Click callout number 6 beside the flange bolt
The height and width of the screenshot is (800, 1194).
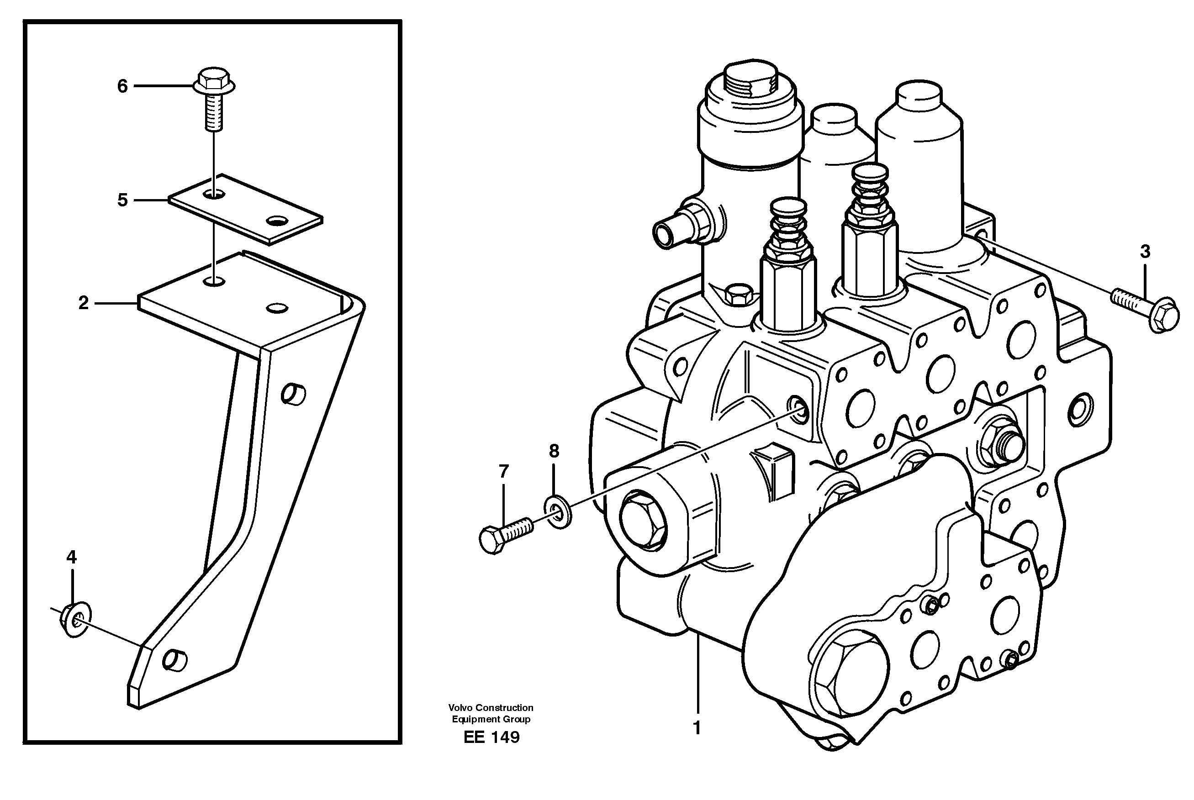(122, 86)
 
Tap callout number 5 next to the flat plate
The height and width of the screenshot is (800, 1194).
(122, 200)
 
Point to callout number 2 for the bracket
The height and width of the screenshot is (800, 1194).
(83, 303)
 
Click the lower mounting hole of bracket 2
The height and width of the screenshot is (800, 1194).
(174, 660)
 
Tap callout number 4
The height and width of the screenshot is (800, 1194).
(71, 557)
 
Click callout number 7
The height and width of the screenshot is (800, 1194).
(504, 471)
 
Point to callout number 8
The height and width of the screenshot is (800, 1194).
(554, 451)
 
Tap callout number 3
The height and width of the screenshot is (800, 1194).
(1145, 252)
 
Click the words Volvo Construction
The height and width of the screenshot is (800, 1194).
(491, 708)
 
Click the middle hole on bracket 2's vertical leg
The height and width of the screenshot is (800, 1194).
(294, 395)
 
